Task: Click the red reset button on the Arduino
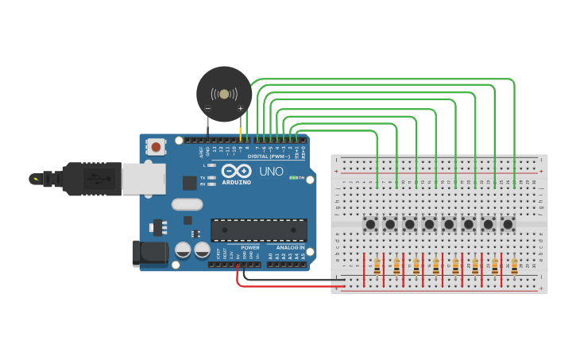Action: click(157, 146)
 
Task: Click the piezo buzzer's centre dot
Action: click(224, 94)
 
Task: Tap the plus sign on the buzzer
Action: click(241, 108)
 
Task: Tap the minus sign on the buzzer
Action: click(208, 108)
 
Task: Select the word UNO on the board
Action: click(271, 171)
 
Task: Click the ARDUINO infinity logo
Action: click(236, 171)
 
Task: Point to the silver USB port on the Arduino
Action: click(144, 178)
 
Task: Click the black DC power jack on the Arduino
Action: click(150, 253)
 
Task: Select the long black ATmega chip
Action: click(258, 230)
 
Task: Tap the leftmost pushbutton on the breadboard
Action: click(371, 224)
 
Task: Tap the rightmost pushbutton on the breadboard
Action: click(508, 224)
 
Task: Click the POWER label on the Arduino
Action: click(249, 247)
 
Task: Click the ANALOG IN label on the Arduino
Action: click(290, 247)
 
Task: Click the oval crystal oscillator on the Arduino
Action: click(187, 203)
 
